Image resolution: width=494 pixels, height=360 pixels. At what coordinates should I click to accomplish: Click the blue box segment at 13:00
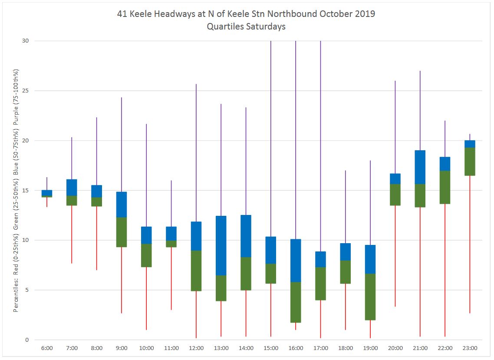(221, 245)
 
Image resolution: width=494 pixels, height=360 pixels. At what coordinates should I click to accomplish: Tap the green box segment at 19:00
(370, 297)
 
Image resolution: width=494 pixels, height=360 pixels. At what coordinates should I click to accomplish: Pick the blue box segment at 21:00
(420, 167)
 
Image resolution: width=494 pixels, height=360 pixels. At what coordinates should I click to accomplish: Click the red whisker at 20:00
(395, 256)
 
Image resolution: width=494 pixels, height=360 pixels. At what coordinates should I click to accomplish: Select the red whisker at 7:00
(72, 234)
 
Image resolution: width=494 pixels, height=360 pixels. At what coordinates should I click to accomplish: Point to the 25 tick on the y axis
(26, 91)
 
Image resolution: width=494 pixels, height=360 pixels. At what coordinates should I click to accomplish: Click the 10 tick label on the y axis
(26, 240)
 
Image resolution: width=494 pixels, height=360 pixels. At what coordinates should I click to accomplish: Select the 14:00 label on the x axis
(246, 348)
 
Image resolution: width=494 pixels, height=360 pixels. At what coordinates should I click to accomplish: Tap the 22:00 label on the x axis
(445, 348)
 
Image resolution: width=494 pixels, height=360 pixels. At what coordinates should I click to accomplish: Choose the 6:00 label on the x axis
(47, 348)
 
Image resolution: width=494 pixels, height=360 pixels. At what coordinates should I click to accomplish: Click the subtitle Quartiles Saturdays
(246, 26)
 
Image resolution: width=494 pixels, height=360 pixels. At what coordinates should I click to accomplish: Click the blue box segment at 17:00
(320, 259)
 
